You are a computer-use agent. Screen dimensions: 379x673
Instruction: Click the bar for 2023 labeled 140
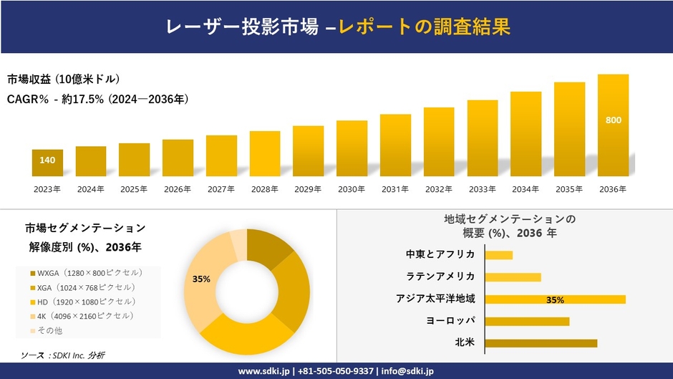click(x=47, y=163)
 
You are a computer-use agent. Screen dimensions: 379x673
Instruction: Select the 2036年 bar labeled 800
click(x=613, y=125)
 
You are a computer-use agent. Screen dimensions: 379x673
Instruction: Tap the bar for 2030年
click(x=352, y=148)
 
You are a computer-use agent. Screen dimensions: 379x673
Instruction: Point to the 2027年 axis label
click(x=221, y=189)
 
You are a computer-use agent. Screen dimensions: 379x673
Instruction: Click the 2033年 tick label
click(x=482, y=189)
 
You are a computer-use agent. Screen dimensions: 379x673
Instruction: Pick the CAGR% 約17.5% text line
click(x=99, y=99)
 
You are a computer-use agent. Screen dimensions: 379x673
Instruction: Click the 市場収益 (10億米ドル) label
click(x=64, y=79)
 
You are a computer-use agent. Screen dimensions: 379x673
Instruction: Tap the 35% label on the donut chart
click(x=201, y=279)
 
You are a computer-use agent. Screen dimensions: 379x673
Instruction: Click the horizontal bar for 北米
click(x=541, y=343)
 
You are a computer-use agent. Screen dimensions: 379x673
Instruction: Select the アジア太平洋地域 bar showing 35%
click(x=555, y=299)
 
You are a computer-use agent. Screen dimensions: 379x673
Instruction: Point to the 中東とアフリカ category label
click(x=440, y=254)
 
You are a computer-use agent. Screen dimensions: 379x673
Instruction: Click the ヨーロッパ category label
click(x=450, y=320)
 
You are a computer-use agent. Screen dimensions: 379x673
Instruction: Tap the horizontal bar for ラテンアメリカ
click(x=513, y=277)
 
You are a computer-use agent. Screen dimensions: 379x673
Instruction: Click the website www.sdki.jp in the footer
click(x=263, y=371)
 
